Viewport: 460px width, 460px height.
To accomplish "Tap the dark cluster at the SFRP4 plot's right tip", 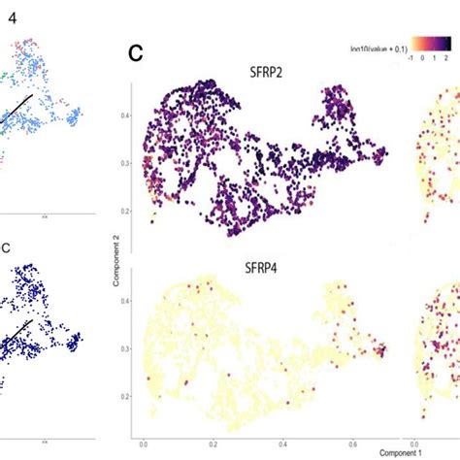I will [382, 348].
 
